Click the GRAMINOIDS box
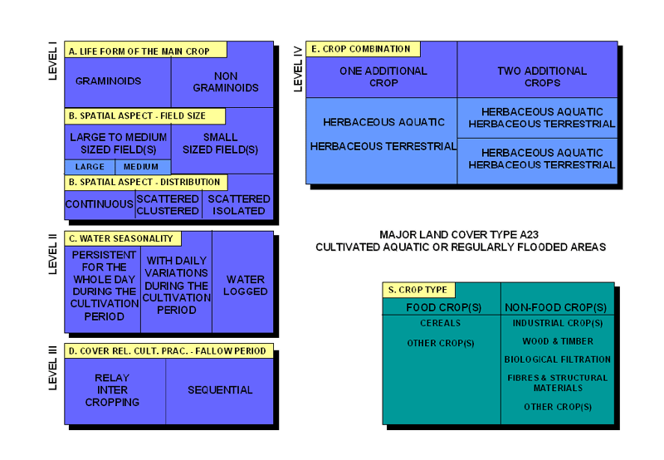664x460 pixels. [108, 81]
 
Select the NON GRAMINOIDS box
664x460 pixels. [226, 81]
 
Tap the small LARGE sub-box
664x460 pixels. [90, 167]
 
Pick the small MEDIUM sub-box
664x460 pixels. [142, 167]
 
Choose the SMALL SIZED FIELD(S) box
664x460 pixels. [220, 143]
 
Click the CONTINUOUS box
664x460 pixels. [100, 204]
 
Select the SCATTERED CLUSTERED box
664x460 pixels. [168, 204]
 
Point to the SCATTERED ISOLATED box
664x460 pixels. [238, 204]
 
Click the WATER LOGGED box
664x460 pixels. [245, 285]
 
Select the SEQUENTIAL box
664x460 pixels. [219, 389]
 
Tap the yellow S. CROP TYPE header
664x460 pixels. [417, 290]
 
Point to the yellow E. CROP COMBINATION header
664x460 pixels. [364, 49]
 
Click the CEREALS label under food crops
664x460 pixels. [440, 324]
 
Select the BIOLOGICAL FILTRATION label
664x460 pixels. [557, 360]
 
